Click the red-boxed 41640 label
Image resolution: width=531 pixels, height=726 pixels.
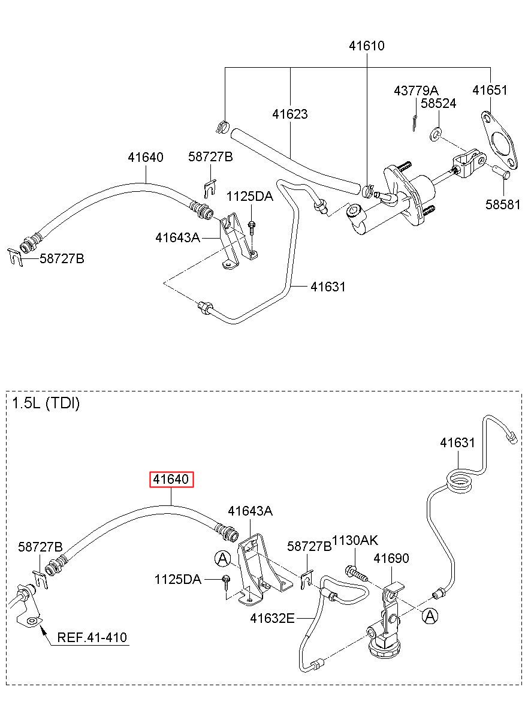pos(171,480)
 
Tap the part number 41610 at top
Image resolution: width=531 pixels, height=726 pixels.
pos(366,46)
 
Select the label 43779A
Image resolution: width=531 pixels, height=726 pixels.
pos(416,91)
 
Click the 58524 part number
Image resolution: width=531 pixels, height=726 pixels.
pos(438,104)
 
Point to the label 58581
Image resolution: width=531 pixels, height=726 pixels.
pos(502,205)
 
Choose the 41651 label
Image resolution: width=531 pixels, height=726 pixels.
pos(490,91)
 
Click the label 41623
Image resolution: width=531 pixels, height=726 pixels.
pos(289,115)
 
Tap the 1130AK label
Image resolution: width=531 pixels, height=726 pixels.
pos(354,541)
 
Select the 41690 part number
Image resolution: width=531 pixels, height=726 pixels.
pos(391,558)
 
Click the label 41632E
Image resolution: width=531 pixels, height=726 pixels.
pos(272,619)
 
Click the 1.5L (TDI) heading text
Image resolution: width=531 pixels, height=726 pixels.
pos(46,404)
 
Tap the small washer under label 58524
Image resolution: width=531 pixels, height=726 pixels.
pos(435,135)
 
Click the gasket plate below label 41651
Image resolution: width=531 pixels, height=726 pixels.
pos(499,140)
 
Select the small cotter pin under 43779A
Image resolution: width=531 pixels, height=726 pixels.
pos(415,123)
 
